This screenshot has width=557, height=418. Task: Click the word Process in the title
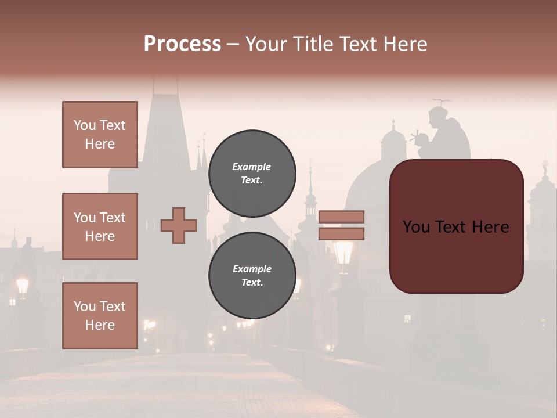coord(182,44)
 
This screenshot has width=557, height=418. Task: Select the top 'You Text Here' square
coord(100,135)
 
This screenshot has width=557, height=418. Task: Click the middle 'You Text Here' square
coord(100,226)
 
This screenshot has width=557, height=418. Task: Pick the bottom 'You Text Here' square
coord(100,315)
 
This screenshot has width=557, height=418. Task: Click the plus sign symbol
coord(179,225)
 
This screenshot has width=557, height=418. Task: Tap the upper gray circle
coord(252,174)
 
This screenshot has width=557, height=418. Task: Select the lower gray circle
coord(252,276)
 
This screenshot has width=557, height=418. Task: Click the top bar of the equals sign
coord(341,217)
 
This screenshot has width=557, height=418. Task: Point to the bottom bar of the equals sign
coord(341,233)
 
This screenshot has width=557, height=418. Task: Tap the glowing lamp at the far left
coord(23,286)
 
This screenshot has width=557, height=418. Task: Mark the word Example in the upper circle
coord(252,167)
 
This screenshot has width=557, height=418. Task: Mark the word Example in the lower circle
coord(252,269)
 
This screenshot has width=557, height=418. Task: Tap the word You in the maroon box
coord(416,227)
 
